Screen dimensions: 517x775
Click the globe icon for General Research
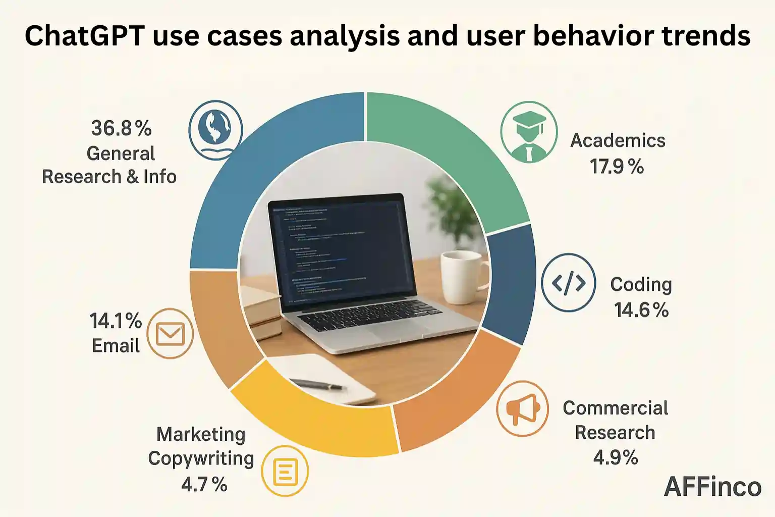(215, 130)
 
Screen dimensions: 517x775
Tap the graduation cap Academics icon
(529, 132)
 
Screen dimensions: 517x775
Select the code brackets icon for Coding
(568, 283)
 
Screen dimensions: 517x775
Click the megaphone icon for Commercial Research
(522, 408)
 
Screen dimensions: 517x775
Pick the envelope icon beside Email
(170, 334)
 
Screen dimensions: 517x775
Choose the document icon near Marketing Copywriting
(285, 472)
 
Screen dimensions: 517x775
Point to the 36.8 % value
(121, 128)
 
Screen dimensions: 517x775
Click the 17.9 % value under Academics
(617, 167)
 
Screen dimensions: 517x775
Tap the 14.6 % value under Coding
(641, 309)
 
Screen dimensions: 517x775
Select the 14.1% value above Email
(116, 321)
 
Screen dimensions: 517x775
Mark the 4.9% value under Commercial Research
(615, 457)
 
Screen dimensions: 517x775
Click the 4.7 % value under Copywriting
(204, 484)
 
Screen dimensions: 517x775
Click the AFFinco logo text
(712, 487)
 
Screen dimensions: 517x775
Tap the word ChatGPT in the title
(84, 36)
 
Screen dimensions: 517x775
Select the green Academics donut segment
(454, 151)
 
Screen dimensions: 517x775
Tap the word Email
(116, 346)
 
